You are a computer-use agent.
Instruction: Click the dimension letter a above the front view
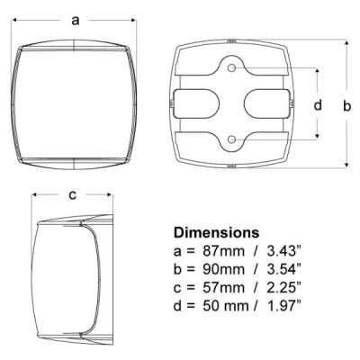pos(76,21)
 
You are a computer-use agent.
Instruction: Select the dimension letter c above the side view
pos(73,195)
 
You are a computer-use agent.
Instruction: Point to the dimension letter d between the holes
pos(318,104)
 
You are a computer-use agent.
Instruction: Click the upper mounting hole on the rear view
pos(231,68)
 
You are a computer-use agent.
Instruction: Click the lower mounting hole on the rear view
pos(231,139)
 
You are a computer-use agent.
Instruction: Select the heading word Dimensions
pos(216,232)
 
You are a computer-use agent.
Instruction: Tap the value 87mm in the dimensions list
pos(218,251)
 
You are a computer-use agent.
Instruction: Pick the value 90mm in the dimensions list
pos(218,270)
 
